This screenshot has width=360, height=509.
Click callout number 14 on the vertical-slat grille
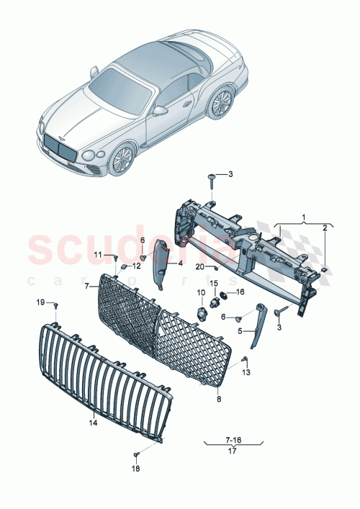[92, 423]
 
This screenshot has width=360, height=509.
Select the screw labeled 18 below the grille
[135, 454]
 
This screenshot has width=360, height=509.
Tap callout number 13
[246, 372]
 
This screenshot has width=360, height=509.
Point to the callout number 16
[240, 292]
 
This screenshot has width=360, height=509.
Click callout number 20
[199, 266]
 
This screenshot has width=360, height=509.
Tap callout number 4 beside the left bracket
[181, 263]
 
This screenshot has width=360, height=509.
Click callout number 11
[98, 255]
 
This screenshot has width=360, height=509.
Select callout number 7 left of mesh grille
[86, 286]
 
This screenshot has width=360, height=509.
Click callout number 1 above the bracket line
[304, 217]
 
